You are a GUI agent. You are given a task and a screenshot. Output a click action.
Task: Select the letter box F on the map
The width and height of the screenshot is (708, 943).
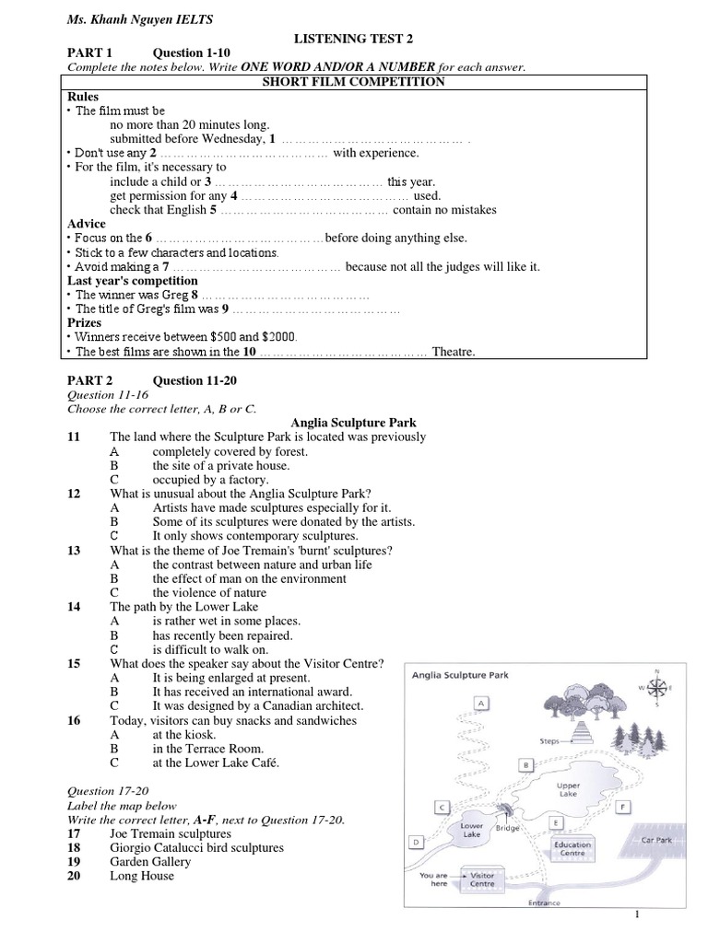point(623,807)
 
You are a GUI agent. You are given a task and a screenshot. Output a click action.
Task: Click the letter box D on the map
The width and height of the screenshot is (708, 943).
point(417,841)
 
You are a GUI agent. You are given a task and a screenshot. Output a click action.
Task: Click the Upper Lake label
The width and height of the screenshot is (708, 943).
point(569,790)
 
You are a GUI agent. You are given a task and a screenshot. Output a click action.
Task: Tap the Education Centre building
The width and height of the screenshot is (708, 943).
point(572,848)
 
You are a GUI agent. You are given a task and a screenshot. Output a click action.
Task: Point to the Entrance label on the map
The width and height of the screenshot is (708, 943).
point(544,902)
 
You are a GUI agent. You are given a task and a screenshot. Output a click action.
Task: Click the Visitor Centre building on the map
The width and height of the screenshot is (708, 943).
point(483,879)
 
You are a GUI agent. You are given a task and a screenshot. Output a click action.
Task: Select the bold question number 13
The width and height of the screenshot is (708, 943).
point(74,551)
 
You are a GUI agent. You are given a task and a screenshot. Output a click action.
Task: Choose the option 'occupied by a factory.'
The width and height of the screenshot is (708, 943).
point(210,480)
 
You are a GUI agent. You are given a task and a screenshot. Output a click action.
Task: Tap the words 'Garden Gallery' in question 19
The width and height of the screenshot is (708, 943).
point(150,862)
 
